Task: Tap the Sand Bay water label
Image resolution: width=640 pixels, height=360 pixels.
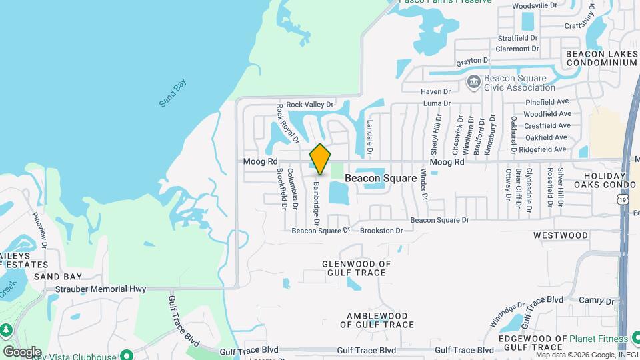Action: coord(173,93)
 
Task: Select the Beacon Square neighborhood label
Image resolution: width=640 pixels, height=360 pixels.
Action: coord(381,178)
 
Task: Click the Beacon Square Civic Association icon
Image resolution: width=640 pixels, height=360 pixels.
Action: coord(474,83)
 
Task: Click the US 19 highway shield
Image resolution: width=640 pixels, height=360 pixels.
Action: coord(622,199)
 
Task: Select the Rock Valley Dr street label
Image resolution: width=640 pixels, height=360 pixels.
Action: coord(309,105)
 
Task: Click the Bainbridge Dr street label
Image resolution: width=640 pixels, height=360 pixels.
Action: coord(317,204)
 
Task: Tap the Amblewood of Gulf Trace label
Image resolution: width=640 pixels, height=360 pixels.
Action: coord(377,320)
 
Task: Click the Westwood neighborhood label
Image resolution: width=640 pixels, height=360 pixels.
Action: coord(561,235)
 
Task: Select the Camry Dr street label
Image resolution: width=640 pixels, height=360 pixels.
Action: coord(591,301)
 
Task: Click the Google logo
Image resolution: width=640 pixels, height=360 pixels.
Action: coord(22,351)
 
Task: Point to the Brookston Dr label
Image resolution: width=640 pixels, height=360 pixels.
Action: coord(381,231)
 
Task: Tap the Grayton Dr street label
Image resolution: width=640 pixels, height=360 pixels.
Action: coord(473,61)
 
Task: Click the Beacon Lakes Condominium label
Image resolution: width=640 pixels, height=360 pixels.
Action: coord(601,58)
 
